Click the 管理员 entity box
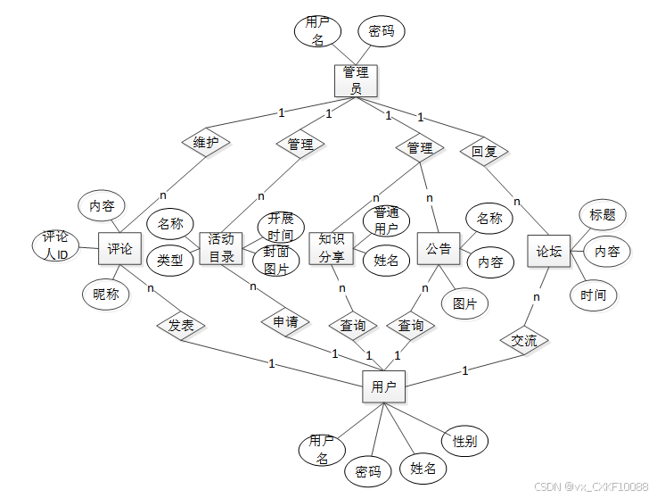pyautogui.click(x=357, y=80)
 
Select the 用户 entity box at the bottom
pyautogui.click(x=384, y=387)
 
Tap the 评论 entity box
pyautogui.click(x=120, y=250)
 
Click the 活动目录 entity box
pyautogui.click(x=221, y=249)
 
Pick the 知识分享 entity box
pyautogui.click(x=331, y=249)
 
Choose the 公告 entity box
pyautogui.click(x=438, y=249)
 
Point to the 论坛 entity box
pyautogui.click(x=549, y=253)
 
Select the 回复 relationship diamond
pyautogui.click(x=484, y=151)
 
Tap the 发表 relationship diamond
pyautogui.click(x=181, y=326)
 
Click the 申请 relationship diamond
pyautogui.click(x=285, y=321)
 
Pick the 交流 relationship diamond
pyautogui.click(x=524, y=340)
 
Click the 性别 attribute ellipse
pyautogui.click(x=464, y=441)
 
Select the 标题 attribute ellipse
pyautogui.click(x=603, y=215)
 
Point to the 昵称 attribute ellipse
pyautogui.click(x=105, y=295)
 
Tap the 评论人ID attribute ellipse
pyautogui.click(x=55, y=247)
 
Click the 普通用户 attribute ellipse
pyautogui.click(x=386, y=220)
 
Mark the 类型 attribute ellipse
pyautogui.click(x=170, y=261)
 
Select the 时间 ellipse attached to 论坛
pyautogui.click(x=593, y=295)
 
